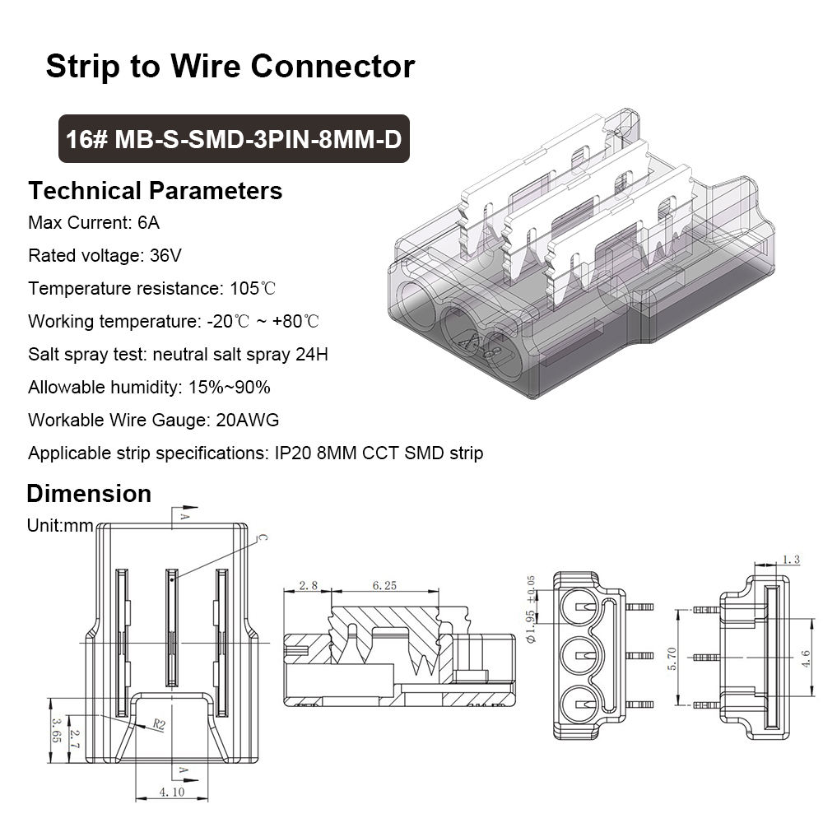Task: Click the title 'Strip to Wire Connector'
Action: pos(230,66)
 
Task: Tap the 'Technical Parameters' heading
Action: pos(156,191)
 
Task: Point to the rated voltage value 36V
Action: pos(165,256)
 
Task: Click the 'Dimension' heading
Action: pos(89,494)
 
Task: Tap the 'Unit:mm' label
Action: pos(60,525)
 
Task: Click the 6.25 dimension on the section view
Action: pos(384,586)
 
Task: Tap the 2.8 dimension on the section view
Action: pos(308,586)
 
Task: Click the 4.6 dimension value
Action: pos(804,655)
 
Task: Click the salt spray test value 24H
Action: pos(313,354)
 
